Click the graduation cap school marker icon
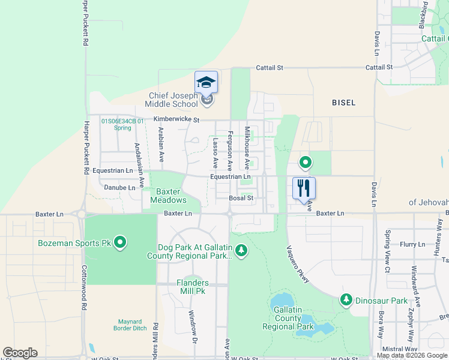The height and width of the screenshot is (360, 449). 206,83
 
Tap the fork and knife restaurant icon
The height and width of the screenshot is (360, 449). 304,188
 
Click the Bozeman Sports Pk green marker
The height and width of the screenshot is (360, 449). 120,243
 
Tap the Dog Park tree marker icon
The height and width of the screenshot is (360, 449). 241,250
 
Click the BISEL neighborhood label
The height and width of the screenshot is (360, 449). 344,103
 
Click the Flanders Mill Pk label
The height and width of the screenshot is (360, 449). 193,286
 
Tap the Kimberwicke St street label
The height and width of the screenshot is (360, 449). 176,119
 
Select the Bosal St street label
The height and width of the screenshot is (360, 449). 242,197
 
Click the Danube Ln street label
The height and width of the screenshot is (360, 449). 119,188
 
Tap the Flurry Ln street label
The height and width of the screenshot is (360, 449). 412,244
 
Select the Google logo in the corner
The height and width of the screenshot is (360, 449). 20,353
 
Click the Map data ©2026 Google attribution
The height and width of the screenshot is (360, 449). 412,355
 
